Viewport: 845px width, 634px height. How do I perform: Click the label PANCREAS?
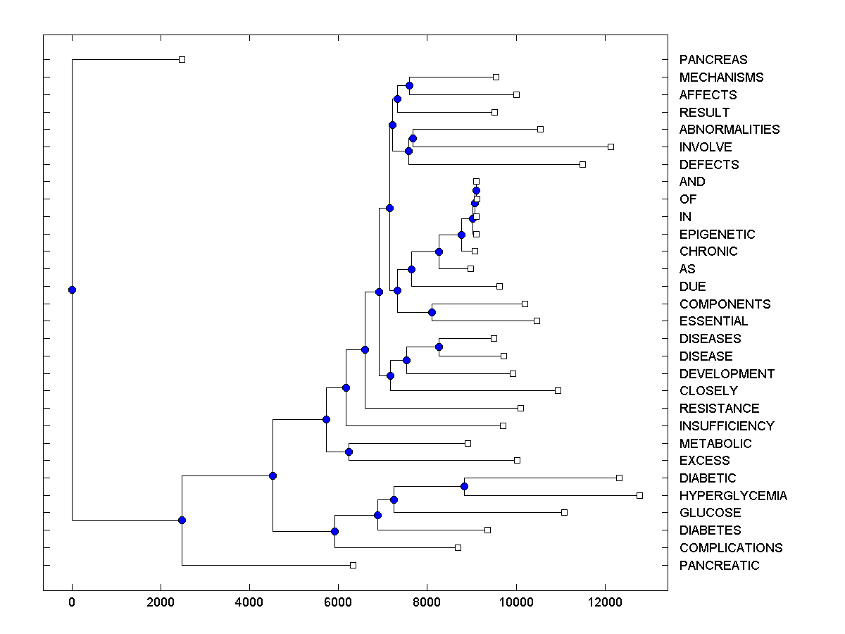coord(713,60)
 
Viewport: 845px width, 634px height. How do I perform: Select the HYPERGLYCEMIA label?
coord(733,496)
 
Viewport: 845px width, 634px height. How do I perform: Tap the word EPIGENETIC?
coord(717,235)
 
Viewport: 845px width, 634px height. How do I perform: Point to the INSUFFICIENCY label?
coord(727,426)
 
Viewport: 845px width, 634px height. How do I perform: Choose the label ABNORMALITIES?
coord(730,130)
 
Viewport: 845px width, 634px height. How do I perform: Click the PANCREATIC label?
coord(719,566)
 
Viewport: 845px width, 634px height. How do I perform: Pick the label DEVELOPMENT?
coord(727,374)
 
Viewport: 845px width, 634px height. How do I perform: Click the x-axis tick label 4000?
coord(249,602)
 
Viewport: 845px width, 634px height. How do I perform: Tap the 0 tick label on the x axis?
coord(72,602)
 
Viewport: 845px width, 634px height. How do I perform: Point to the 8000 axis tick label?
coord(427,602)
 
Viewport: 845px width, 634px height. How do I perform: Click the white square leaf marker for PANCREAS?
coord(182,59)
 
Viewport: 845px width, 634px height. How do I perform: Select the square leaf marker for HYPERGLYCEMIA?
coord(639,495)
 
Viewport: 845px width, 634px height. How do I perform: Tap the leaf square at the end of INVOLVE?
coord(611,147)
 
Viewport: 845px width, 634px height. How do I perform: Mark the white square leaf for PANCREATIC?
coord(353,565)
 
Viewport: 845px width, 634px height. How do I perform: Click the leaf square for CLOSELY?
coord(558,390)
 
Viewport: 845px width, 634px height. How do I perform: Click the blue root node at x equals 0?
coord(72,290)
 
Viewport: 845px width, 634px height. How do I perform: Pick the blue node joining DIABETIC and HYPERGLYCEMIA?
coord(464,486)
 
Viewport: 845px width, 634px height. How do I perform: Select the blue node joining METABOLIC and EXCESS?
coord(349,452)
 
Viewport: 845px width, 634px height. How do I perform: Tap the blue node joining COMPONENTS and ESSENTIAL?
coord(432,312)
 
